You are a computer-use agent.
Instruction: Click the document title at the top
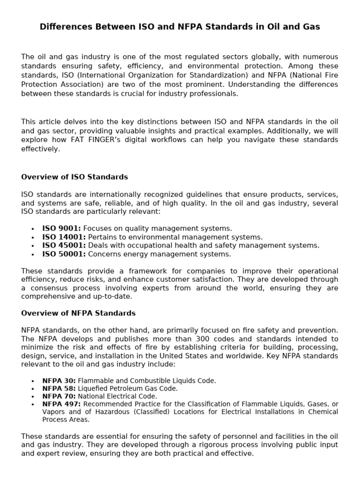point(180,27)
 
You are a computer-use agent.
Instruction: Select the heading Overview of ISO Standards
point(75,177)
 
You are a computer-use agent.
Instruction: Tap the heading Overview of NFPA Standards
point(78,313)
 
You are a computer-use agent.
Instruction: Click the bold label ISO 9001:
point(62,228)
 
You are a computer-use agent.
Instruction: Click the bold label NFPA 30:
point(59,381)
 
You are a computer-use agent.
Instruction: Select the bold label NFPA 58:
point(59,389)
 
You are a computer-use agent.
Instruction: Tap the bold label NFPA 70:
point(59,396)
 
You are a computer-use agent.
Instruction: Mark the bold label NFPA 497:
point(61,404)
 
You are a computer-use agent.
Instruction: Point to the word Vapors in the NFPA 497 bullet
point(53,412)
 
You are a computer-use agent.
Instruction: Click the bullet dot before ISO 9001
point(32,229)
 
